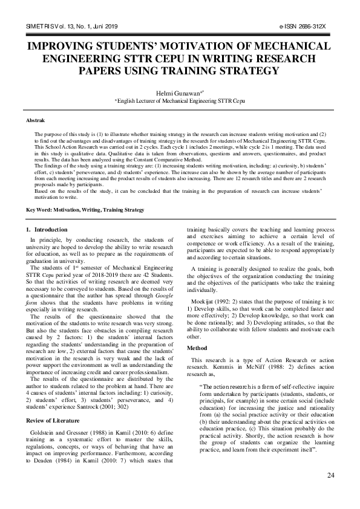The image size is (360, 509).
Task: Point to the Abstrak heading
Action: coord(35,122)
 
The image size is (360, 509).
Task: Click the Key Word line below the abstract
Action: coord(85,210)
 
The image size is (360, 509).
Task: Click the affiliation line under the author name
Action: coord(180,103)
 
